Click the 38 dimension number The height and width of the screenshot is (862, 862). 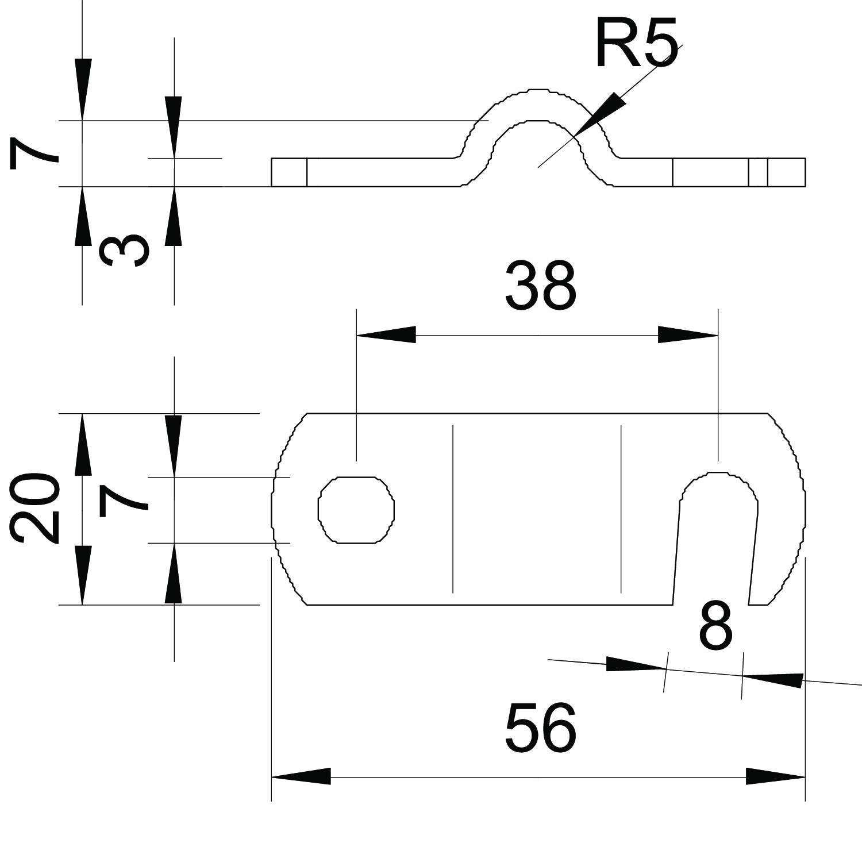tap(540, 286)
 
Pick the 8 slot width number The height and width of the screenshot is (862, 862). tap(716, 626)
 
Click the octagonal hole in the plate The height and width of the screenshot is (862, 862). tap(356, 509)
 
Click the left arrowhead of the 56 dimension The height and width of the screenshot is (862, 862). tap(301, 776)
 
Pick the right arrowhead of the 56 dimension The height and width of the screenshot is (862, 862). tap(775, 776)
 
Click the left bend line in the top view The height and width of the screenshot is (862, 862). tap(453, 509)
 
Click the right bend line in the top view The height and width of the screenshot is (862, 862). tap(621, 509)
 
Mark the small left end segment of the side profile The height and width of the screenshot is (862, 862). tap(289, 172)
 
